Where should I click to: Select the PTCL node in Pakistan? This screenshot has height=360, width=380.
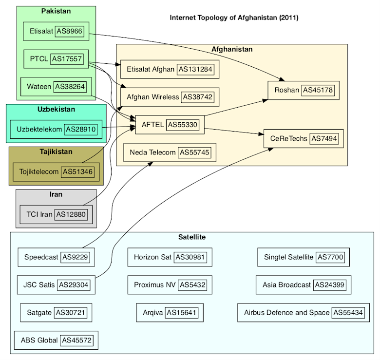coord(56,59)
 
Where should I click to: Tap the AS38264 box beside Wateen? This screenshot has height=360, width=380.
coord(70,87)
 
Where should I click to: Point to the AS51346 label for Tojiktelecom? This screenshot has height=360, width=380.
coord(77,171)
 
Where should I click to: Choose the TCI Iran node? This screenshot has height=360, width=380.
coord(56,214)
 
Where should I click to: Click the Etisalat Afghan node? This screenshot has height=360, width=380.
coord(170,69)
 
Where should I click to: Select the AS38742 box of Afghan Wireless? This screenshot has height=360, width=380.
coord(198,97)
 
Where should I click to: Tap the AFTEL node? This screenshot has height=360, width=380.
coord(169,125)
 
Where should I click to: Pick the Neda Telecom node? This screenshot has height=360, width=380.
coord(170,152)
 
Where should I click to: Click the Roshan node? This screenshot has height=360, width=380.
coord(304,90)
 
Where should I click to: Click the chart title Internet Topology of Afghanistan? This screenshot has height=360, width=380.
coord(234,18)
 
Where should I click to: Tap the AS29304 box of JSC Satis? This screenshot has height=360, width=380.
coord(74,284)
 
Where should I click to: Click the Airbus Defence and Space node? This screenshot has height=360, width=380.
coord(304,312)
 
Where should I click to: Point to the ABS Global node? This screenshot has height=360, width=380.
coord(56,340)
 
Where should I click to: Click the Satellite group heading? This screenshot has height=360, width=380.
coord(191,237)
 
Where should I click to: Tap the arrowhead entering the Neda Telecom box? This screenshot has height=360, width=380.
coord(150,163)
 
